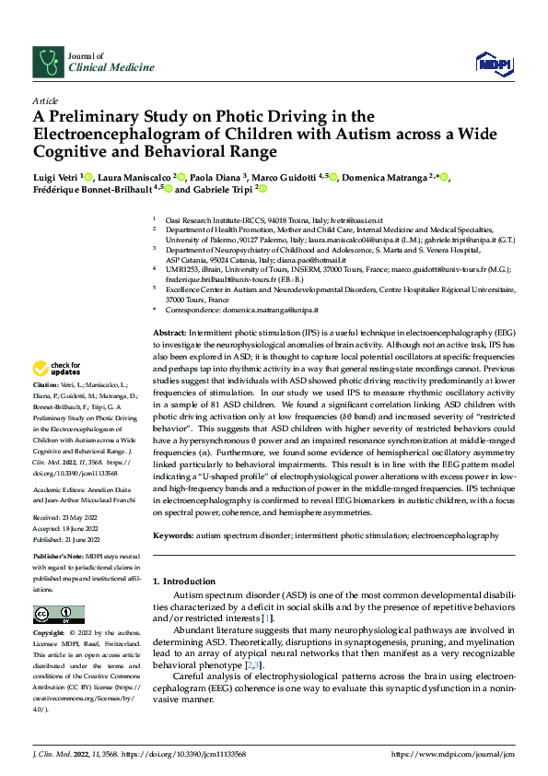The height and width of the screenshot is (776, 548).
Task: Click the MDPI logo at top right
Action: [x=493, y=61]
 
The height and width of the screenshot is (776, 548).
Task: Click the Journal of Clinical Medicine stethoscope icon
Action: [x=46, y=61]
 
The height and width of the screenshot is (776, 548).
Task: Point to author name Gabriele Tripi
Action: [x=223, y=189]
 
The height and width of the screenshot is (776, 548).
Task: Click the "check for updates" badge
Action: [x=58, y=369]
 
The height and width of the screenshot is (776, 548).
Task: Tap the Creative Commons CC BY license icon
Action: [x=58, y=615]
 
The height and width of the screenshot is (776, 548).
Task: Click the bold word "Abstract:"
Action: [x=169, y=330]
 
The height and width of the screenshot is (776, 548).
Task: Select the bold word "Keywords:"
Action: [x=174, y=535]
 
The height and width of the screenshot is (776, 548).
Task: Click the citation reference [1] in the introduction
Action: [x=267, y=617]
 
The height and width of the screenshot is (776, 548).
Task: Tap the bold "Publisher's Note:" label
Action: [x=57, y=558]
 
